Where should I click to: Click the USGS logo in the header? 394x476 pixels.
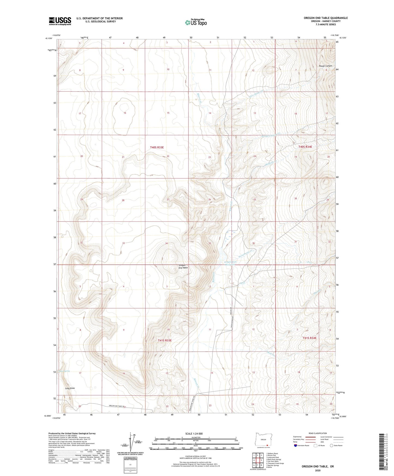coord(60,21)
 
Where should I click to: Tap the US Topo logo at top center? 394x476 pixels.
coord(196,22)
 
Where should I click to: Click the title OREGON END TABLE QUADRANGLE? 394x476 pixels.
coord(326,18)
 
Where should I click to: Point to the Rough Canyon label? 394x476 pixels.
coord(326,66)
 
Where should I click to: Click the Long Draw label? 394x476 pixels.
coord(70,388)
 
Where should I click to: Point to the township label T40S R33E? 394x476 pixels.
coord(157,147)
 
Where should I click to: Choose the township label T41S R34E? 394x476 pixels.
coord(309,338)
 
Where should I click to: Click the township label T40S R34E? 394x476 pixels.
coord(305,147)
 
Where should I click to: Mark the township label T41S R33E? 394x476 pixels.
coord(165,340)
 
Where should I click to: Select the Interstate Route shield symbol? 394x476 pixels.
coord(296,445)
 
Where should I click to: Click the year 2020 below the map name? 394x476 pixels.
coord(317,470)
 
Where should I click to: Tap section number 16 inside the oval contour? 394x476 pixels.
coord(125,113)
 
